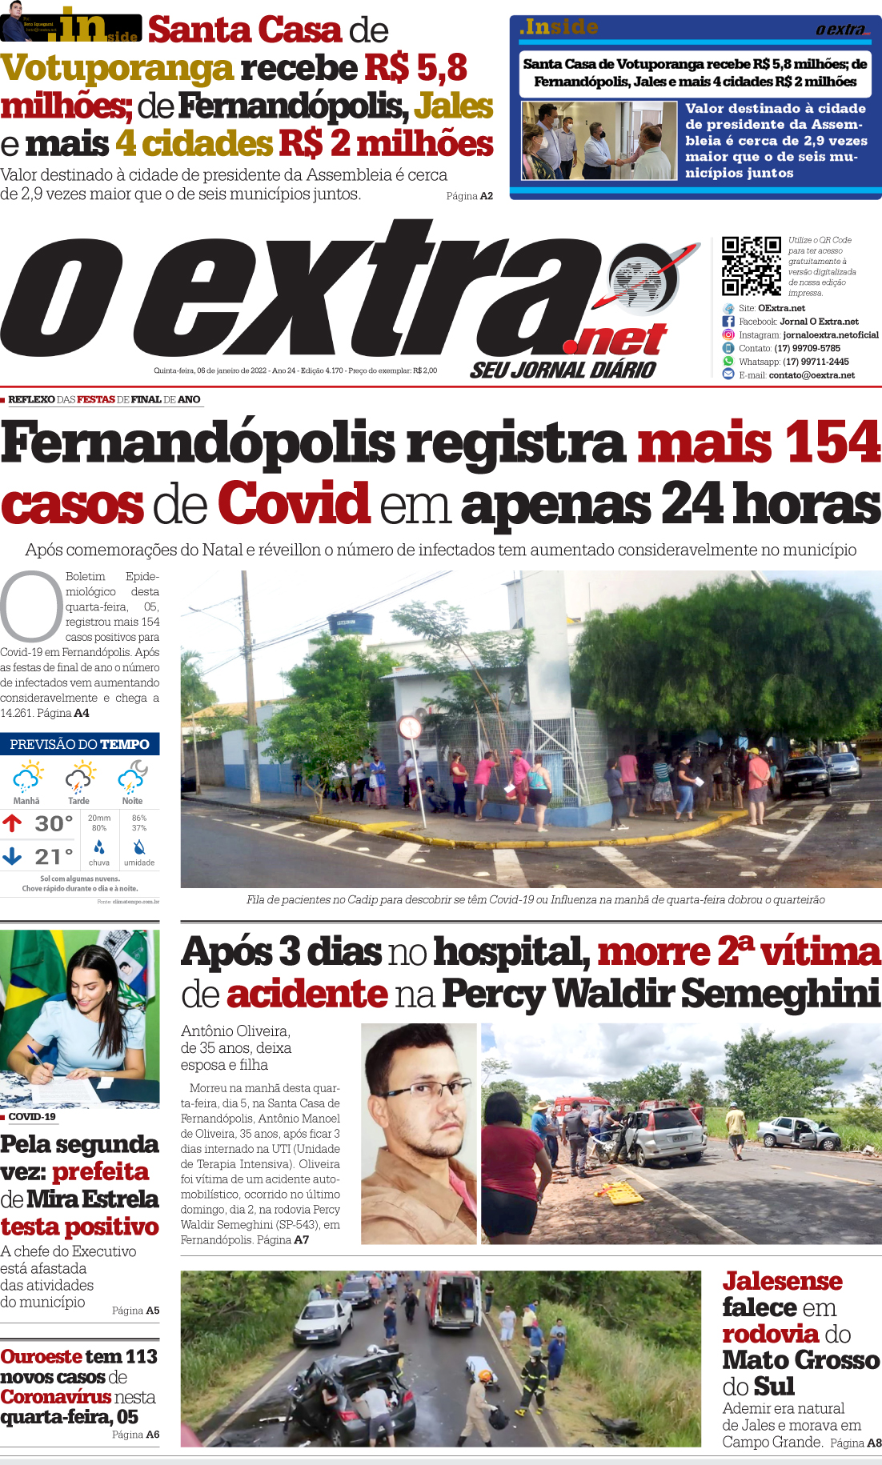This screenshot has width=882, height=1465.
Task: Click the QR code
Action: click(x=751, y=266)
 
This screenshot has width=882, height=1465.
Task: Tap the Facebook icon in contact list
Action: click(x=728, y=322)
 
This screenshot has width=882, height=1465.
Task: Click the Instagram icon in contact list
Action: click(x=728, y=334)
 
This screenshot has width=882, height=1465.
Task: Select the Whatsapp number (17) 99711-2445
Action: click(x=816, y=362)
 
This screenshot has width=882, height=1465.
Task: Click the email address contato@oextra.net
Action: click(x=812, y=375)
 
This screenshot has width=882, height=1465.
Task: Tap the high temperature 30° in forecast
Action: click(x=54, y=823)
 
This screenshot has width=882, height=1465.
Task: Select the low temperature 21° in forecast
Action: click(x=54, y=857)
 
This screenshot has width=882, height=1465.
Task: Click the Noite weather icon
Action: click(x=133, y=776)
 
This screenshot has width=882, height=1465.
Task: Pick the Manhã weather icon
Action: click(x=27, y=777)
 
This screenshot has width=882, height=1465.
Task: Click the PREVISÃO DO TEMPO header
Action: click(x=79, y=744)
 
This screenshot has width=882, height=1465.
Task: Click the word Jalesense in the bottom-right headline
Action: click(x=782, y=1281)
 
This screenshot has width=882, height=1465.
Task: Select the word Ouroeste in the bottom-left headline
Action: click(x=41, y=1356)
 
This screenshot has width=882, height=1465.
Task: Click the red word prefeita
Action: click(x=101, y=1172)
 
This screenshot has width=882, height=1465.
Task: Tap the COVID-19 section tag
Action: click(x=32, y=1117)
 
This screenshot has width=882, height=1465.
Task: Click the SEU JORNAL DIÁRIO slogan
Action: click(x=563, y=370)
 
